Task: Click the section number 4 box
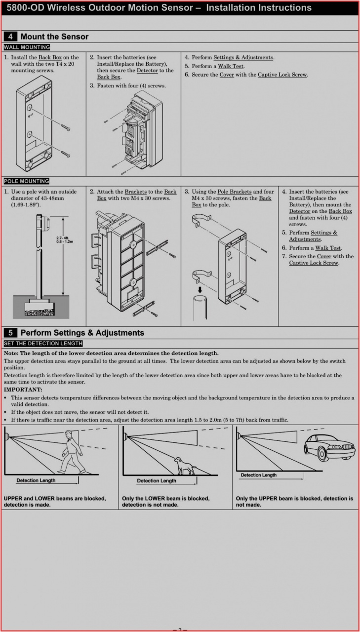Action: pos(10,37)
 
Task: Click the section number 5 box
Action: pos(10,333)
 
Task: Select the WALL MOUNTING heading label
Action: pos(27,47)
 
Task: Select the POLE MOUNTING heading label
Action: pos(27,181)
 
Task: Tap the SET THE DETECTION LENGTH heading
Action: pos(43,343)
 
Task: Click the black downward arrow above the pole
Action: pos(200,289)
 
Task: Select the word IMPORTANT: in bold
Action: pos(22,390)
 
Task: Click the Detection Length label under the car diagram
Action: pos(259,475)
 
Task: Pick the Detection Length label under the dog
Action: pos(157,480)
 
